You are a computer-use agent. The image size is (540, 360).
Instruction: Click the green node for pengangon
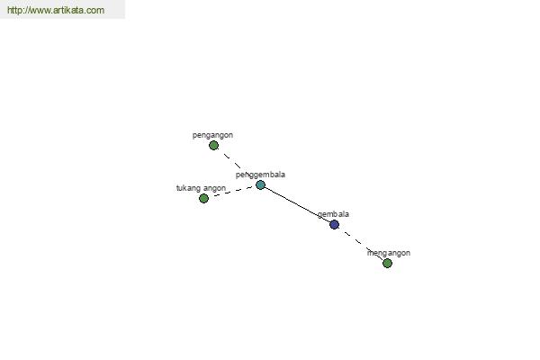click(x=213, y=146)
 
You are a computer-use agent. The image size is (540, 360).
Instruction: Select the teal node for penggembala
click(x=261, y=185)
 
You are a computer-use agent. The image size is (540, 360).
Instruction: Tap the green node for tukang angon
click(x=204, y=198)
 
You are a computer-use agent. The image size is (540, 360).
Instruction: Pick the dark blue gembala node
click(x=334, y=225)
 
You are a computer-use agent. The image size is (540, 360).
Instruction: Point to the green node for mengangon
click(x=387, y=263)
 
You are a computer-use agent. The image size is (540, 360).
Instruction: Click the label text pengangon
click(x=212, y=135)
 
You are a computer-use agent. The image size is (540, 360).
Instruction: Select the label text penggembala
click(x=260, y=175)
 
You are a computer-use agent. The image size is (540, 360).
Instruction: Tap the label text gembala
click(x=333, y=214)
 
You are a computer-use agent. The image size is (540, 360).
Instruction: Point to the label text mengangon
click(x=389, y=253)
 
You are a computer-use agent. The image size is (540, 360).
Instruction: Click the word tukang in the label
click(x=189, y=188)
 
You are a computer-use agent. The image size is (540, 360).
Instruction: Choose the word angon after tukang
click(x=214, y=188)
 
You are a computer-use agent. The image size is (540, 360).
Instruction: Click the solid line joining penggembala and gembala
click(x=298, y=205)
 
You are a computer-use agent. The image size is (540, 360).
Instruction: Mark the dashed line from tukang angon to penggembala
click(x=232, y=192)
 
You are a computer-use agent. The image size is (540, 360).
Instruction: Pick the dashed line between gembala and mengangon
click(x=361, y=244)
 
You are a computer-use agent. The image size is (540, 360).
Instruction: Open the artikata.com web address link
click(x=56, y=10)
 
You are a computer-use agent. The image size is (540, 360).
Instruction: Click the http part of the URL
click(x=14, y=10)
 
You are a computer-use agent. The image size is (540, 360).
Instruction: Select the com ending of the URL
click(x=95, y=10)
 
